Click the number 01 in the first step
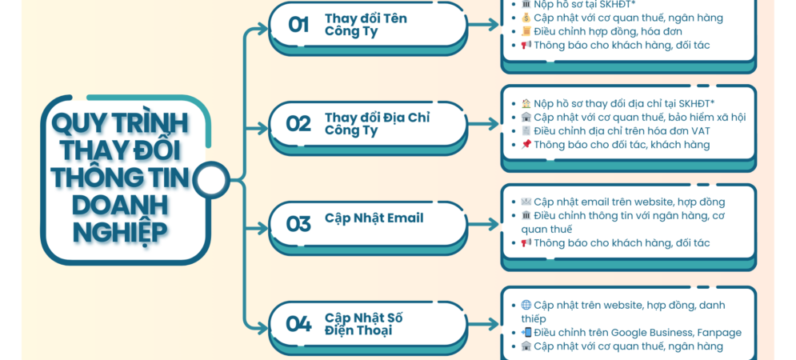(x=298, y=24)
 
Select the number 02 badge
(x=298, y=124)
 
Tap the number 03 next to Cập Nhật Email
(x=298, y=223)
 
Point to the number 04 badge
(x=298, y=323)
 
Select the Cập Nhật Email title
(x=374, y=218)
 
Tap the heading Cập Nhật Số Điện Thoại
(x=364, y=324)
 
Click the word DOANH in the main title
(x=120, y=206)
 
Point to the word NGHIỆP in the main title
(x=120, y=232)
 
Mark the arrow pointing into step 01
(x=258, y=30)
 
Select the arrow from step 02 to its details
(x=483, y=124)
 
